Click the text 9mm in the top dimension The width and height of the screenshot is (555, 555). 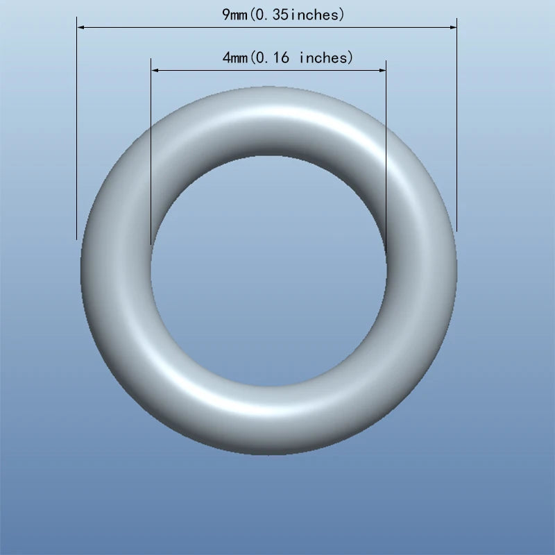pyautogui.click(x=234, y=15)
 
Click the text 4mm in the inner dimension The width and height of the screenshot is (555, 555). pyautogui.click(x=234, y=58)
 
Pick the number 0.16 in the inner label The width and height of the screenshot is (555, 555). pyautogui.click(x=273, y=58)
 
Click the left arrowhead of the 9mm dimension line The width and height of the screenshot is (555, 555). pyautogui.click(x=80, y=27)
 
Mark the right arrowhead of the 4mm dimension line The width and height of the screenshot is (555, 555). pyautogui.click(x=382, y=70)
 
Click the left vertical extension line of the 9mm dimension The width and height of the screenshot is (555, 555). pyautogui.click(x=76, y=139)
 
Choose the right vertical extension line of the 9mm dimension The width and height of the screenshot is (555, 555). pyautogui.click(x=456, y=139)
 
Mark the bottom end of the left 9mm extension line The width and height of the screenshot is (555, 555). pyautogui.click(x=76, y=239)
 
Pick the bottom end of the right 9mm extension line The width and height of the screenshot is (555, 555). pyautogui.click(x=456, y=231)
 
